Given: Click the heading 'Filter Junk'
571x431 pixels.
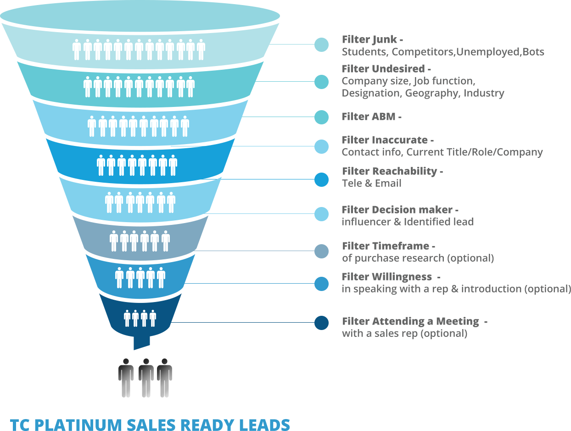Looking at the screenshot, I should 369,39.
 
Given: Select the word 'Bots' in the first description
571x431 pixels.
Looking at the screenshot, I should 533,52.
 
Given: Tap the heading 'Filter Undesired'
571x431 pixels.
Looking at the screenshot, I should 384,69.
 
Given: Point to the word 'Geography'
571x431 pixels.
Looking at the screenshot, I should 432,93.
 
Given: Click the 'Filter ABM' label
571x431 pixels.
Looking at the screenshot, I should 369,117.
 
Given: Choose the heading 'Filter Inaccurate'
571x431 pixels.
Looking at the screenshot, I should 385,140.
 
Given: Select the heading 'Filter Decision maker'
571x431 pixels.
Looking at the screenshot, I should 397,210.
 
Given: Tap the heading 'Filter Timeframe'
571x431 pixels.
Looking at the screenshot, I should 386,246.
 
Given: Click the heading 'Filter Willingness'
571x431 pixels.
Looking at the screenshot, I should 387,277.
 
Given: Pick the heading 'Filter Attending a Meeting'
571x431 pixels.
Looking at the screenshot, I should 411,321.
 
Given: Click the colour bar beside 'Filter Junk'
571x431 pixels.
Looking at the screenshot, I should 304,45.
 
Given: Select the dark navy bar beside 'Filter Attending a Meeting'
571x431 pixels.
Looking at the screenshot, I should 295,323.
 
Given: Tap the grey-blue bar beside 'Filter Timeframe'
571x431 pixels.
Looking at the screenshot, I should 295,251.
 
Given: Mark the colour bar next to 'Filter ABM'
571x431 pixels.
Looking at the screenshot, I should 295,117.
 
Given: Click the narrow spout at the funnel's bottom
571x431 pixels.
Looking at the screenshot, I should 141,342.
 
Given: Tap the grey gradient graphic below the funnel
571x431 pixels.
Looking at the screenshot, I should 145,378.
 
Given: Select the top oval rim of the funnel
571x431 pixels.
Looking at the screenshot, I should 140,14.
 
